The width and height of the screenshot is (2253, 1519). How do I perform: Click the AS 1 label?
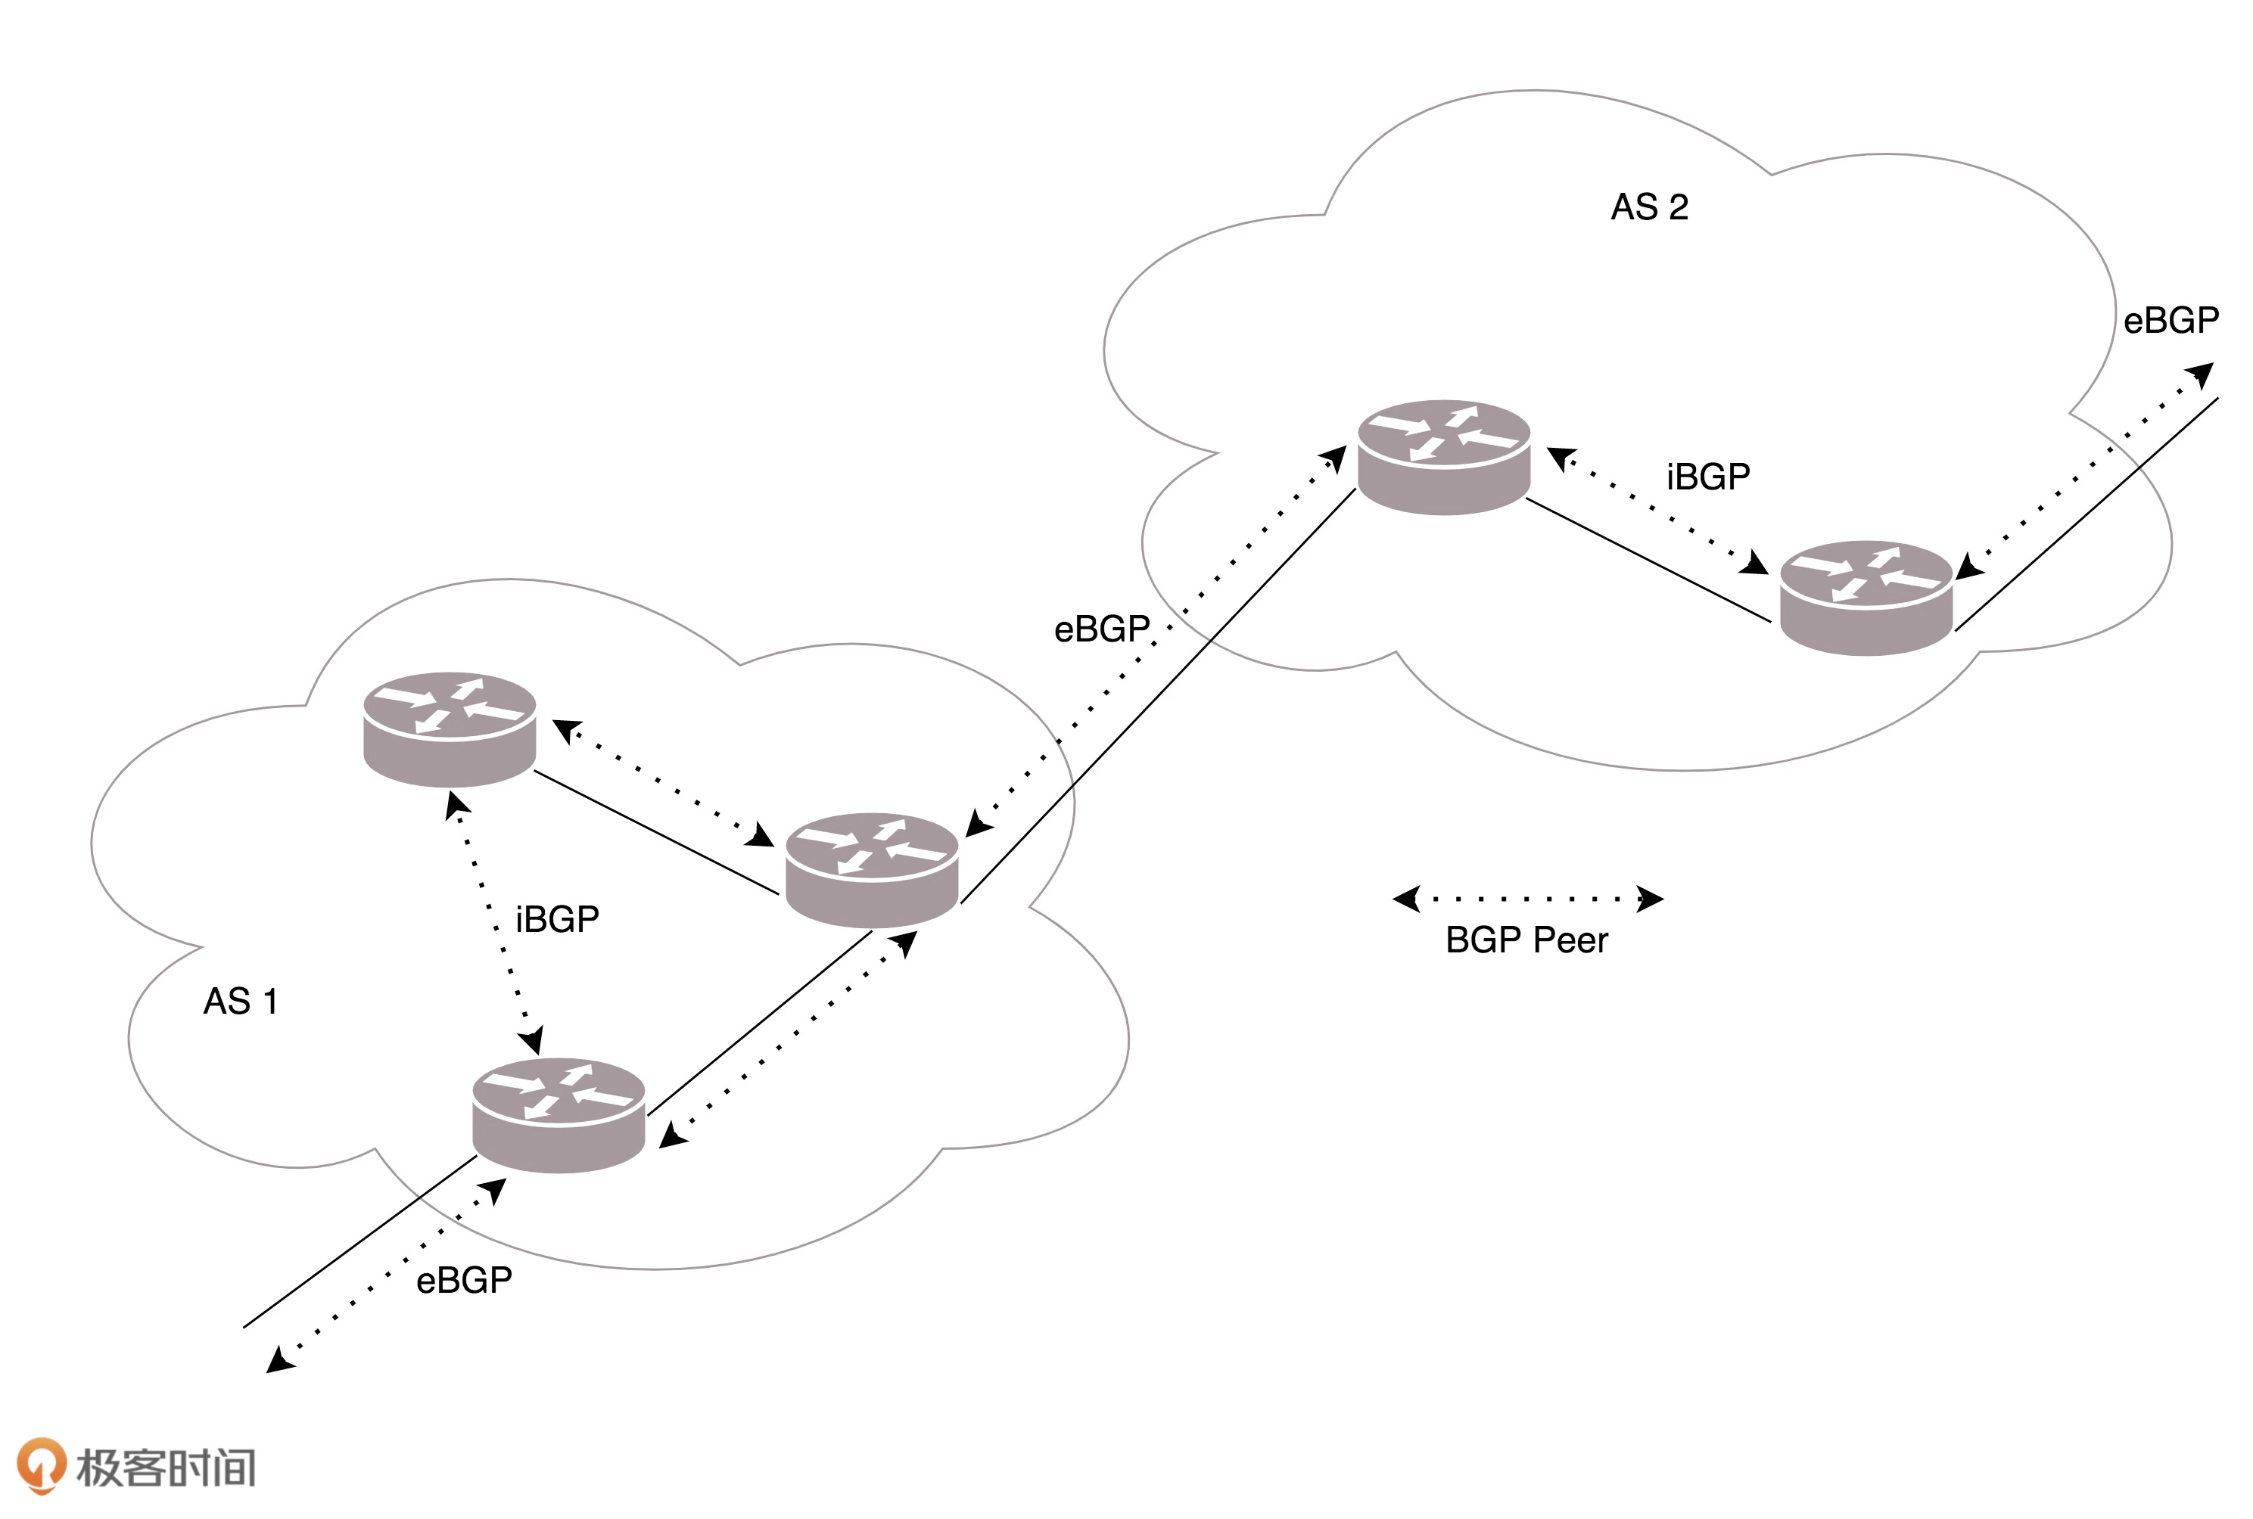pyautogui.click(x=241, y=1001)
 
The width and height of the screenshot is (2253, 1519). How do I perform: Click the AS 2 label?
pyautogui.click(x=1648, y=207)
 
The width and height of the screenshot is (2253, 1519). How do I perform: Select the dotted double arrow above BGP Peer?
pyautogui.click(x=1527, y=899)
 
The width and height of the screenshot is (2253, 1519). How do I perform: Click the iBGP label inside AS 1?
pyautogui.click(x=556, y=918)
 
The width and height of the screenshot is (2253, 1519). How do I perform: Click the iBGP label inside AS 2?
pyautogui.click(x=1707, y=477)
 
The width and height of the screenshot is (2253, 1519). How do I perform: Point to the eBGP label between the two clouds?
pyautogui.click(x=1101, y=629)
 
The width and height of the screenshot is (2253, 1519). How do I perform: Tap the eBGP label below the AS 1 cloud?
pyautogui.click(x=463, y=1281)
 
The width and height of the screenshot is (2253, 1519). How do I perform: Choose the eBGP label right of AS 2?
pyautogui.click(x=2170, y=321)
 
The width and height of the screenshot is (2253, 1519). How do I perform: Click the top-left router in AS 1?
pyautogui.click(x=450, y=728)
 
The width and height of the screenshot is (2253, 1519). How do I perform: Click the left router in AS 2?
pyautogui.click(x=1443, y=456)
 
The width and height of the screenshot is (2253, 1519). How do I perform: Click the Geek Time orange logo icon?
pyautogui.click(x=41, y=1465)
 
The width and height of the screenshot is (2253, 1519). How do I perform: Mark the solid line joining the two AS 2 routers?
pyautogui.click(x=1648, y=559)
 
